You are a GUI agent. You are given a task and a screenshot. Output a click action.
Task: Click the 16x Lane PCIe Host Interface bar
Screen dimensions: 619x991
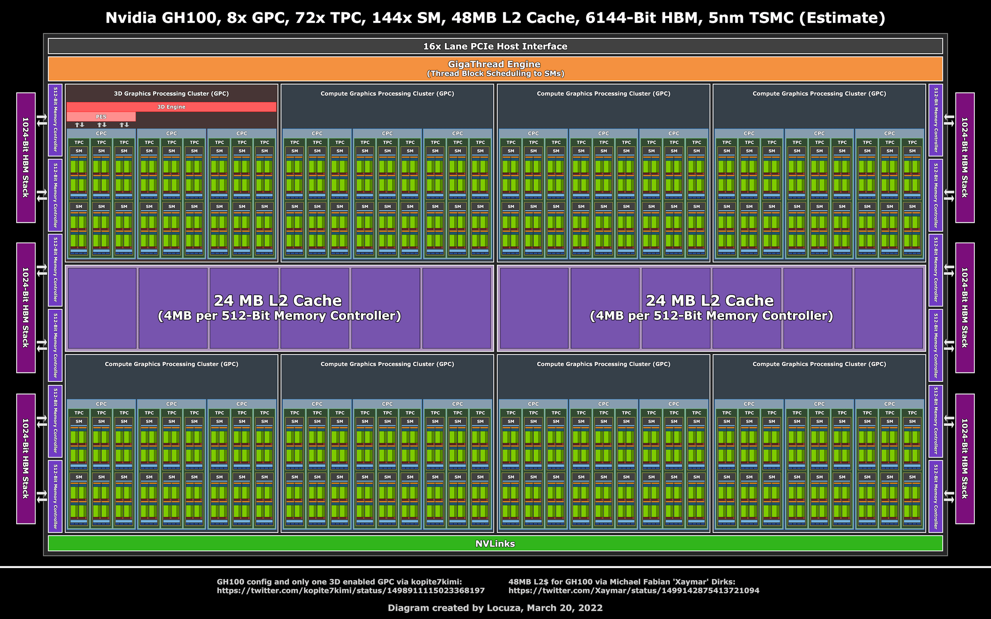click(x=495, y=46)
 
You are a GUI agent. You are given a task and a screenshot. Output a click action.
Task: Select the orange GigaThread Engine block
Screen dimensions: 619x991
click(x=495, y=69)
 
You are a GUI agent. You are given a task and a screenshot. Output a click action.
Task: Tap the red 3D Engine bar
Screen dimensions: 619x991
click(x=171, y=107)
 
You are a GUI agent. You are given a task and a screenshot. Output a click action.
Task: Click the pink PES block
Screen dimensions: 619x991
click(x=101, y=117)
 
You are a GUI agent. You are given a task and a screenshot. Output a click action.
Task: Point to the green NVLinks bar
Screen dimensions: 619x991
click(x=495, y=543)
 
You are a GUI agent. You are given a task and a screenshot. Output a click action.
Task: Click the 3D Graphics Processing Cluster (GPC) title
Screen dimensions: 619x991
click(x=171, y=94)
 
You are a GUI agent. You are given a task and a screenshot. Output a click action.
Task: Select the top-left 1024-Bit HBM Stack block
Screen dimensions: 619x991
click(x=25, y=158)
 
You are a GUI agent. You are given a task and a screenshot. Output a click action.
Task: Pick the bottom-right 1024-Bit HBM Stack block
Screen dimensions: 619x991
click(x=965, y=459)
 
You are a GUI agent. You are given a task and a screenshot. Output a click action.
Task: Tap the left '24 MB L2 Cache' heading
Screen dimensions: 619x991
click(x=277, y=300)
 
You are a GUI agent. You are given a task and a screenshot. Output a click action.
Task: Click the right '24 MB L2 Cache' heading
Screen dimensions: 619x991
click(x=710, y=300)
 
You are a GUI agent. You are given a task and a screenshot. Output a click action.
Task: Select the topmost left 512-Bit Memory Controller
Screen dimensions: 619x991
click(x=55, y=120)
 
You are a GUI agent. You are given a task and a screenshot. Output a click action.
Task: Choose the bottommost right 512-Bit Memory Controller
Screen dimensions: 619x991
click(x=936, y=496)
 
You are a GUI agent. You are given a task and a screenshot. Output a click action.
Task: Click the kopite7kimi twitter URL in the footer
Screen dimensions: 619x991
click(x=350, y=590)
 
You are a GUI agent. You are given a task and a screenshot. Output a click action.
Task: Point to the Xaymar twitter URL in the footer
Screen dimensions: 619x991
click(x=634, y=590)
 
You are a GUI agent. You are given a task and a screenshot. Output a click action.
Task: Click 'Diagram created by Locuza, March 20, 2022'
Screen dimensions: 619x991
click(x=495, y=608)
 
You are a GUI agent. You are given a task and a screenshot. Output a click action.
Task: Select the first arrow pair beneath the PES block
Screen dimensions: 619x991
click(x=79, y=125)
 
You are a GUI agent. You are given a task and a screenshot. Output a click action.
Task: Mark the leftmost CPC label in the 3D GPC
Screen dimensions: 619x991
click(x=101, y=134)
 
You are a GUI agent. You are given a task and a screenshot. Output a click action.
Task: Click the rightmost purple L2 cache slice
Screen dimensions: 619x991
click(x=888, y=308)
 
